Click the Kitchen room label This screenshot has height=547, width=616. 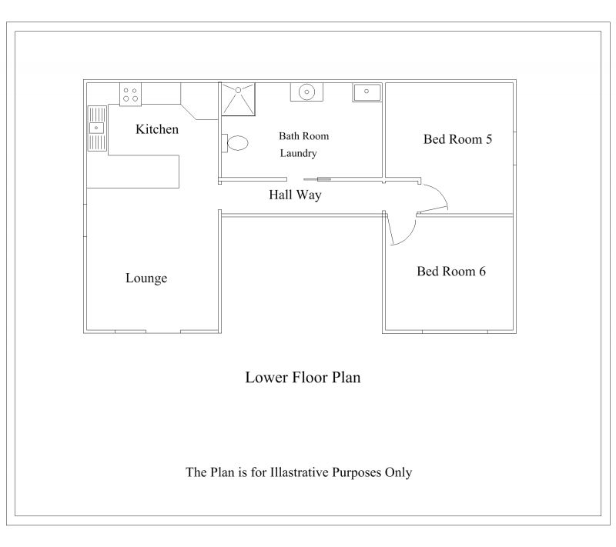(157, 129)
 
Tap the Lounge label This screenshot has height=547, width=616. (146, 279)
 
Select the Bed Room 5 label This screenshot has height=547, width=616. (457, 139)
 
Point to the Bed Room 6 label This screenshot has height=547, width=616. (451, 271)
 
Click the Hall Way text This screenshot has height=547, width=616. (295, 195)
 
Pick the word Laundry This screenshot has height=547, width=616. (298, 153)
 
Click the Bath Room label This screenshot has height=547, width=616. (303, 136)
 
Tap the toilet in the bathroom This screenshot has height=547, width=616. (235, 143)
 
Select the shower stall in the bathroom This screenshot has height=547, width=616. (238, 99)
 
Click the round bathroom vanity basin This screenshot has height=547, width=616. (306, 92)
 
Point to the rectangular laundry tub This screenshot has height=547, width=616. (367, 92)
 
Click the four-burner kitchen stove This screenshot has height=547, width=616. (130, 94)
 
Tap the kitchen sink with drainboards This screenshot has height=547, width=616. (97, 128)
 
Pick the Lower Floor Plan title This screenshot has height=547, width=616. (303, 378)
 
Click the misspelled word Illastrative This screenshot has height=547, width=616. (299, 472)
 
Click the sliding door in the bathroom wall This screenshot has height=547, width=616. (317, 179)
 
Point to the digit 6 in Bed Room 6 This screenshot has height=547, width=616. (482, 271)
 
